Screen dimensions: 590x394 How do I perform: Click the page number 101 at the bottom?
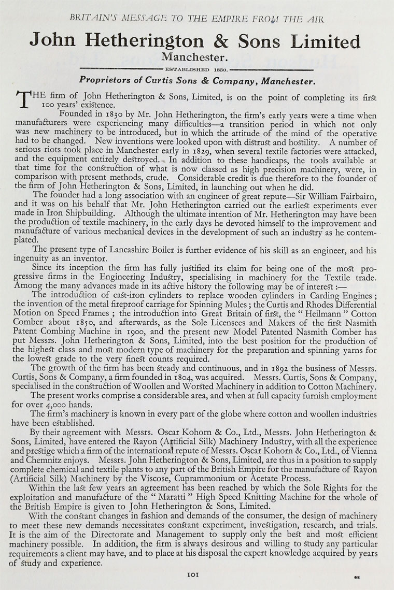pyautogui.click(x=197, y=574)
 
